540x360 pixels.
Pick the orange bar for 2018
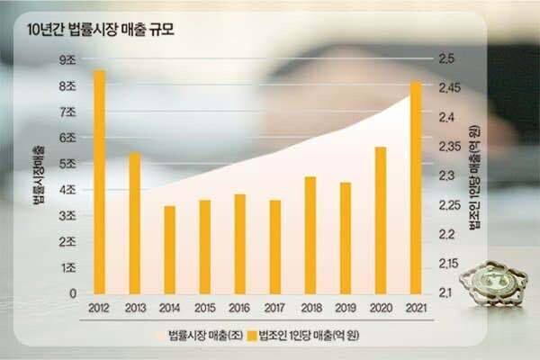point(310,235)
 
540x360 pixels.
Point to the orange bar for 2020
point(381,220)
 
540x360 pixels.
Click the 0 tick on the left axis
point(72,293)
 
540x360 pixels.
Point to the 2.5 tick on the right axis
point(445,59)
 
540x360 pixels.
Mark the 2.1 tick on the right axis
point(445,293)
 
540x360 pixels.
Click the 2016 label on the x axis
point(239,309)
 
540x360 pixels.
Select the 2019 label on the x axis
point(345,309)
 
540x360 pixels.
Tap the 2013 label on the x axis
point(134,309)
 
